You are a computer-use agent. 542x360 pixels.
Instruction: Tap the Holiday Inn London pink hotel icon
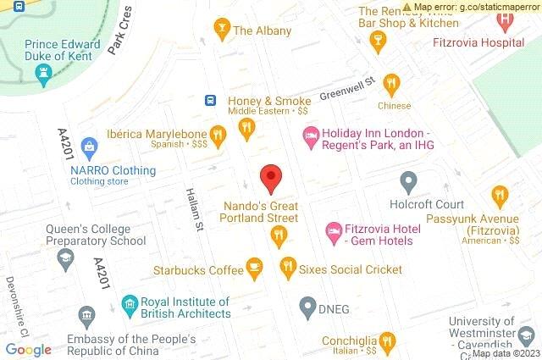pos(311,134)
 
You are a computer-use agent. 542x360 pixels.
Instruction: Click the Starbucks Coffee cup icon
pos(254,269)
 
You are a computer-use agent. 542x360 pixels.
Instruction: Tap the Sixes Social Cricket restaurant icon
pos(287,269)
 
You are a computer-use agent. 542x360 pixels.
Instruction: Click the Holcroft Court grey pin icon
pos(408,181)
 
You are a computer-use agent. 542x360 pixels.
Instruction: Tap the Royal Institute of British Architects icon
pos(130,303)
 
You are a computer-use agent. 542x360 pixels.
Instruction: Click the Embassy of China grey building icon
pos(86,318)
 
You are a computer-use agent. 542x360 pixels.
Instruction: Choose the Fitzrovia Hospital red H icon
pos(506,19)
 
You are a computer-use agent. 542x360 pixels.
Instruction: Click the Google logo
pos(29,349)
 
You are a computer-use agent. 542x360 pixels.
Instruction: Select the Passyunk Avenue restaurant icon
pos(499,197)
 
